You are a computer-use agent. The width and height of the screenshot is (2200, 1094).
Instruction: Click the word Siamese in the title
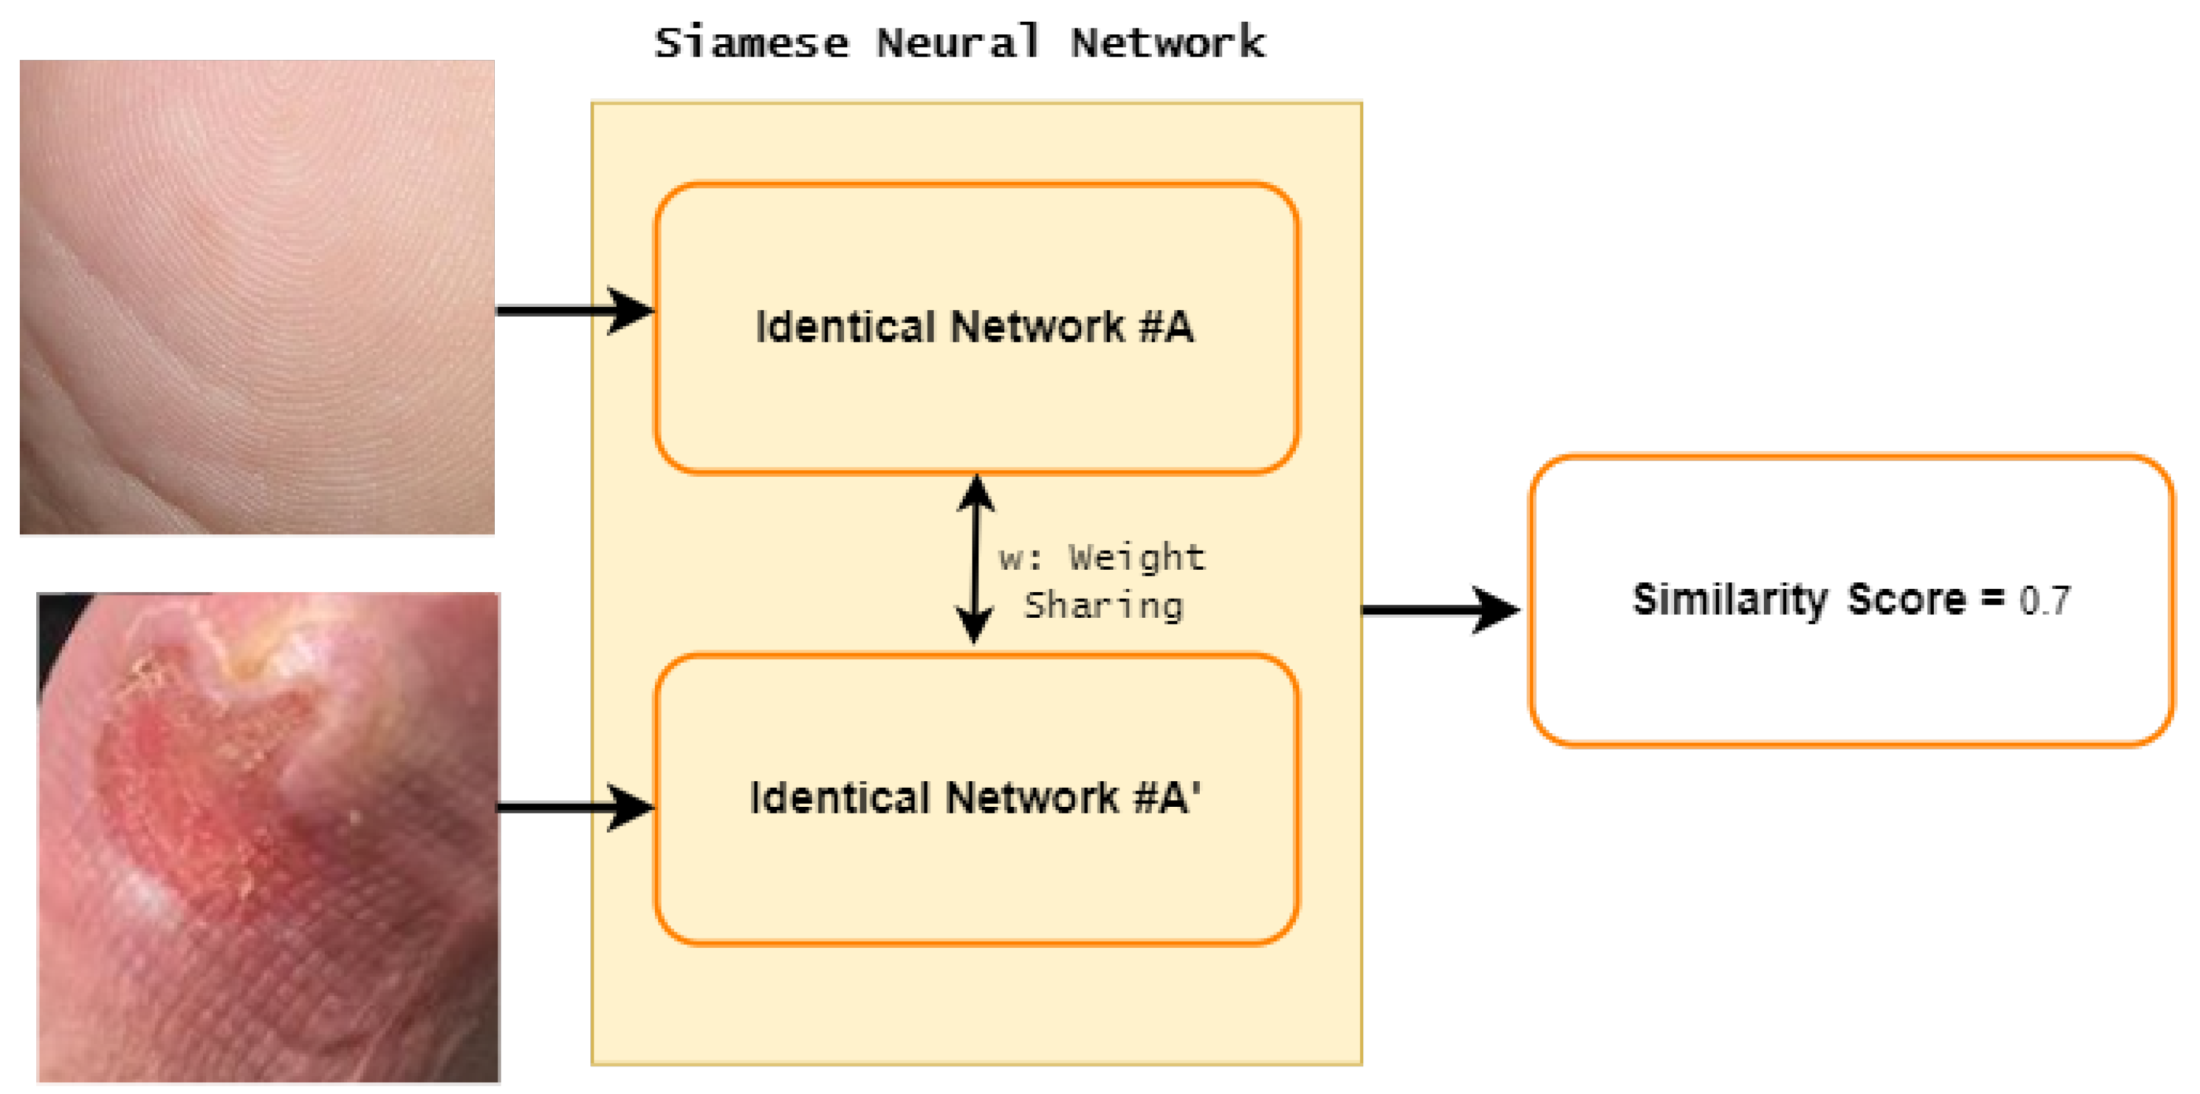coord(752,43)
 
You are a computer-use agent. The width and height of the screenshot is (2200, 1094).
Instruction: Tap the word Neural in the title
coord(958,43)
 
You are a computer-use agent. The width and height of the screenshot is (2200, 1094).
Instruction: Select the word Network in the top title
coord(1168,43)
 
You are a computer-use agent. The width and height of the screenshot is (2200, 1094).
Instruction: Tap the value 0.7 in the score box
coord(2045,601)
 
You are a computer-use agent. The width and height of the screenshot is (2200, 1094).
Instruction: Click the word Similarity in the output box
coord(1730,601)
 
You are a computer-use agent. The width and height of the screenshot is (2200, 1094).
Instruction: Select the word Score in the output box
coord(1906,601)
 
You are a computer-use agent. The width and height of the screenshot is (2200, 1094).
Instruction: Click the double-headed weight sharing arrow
coord(975,559)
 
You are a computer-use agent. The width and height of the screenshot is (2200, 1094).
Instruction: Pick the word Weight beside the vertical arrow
coord(1137,558)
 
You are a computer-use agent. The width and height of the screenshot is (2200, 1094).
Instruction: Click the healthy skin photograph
coord(256,296)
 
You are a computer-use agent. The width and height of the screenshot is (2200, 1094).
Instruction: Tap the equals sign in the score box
coord(1992,599)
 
